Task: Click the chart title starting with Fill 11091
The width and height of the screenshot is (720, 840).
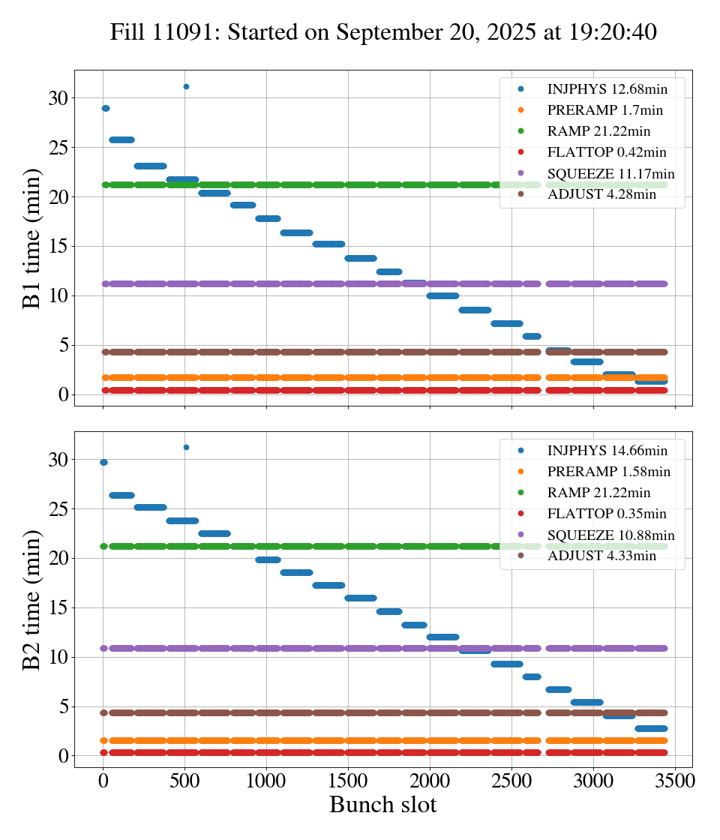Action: pos(383,32)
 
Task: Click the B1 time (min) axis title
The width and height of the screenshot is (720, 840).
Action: pos(31,238)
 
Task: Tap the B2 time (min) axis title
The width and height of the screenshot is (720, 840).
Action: pos(31,599)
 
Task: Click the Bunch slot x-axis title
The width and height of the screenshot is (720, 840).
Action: pos(383,805)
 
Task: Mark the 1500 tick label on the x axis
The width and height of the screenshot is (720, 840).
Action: pos(348,780)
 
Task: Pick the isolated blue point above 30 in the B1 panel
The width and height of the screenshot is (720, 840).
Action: pos(186,86)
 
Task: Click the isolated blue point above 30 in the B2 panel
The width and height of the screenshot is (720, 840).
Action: pos(186,447)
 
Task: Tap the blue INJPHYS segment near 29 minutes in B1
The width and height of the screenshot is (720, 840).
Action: pos(105,108)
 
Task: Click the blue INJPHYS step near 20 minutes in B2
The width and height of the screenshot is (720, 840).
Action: pos(268,559)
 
